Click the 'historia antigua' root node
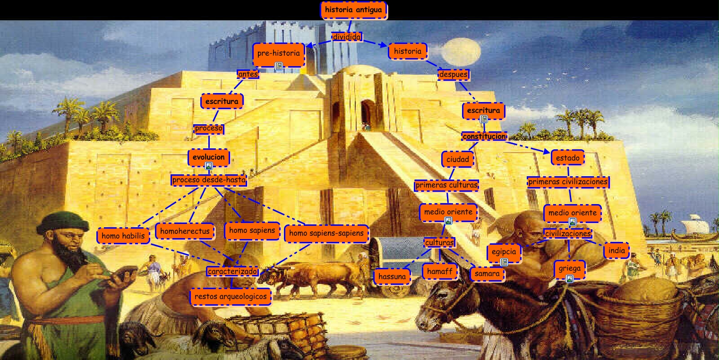(x=353, y=10)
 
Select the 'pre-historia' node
(x=278, y=54)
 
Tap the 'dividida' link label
(x=347, y=37)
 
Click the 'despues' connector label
(x=453, y=74)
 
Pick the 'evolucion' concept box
(x=208, y=157)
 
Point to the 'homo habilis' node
(x=123, y=235)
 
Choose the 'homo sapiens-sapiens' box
(x=326, y=233)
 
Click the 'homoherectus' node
(x=185, y=231)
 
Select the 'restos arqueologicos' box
(x=231, y=297)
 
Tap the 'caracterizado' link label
(x=232, y=272)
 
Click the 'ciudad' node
(x=458, y=159)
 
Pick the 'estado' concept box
(x=567, y=157)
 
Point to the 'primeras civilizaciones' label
(x=568, y=182)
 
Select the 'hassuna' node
(x=392, y=276)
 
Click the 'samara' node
(x=487, y=274)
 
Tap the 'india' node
(x=616, y=250)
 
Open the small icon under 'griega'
(x=570, y=279)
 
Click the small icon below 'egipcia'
(x=504, y=262)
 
